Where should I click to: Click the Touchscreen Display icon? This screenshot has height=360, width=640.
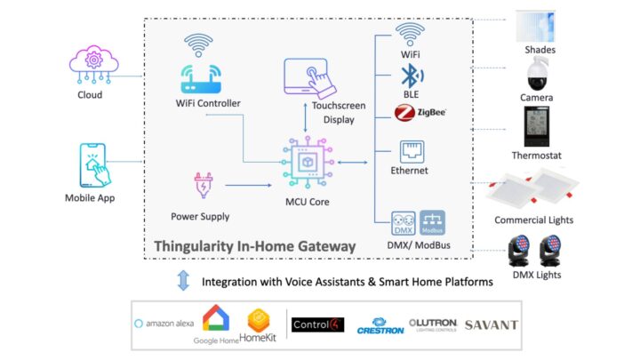[x=307, y=78]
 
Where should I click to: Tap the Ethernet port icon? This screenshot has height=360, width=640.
[x=411, y=150]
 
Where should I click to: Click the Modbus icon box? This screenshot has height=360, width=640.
[x=432, y=219]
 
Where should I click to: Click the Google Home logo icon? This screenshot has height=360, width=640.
[x=218, y=319]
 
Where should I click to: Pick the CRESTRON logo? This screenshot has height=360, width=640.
[x=380, y=325]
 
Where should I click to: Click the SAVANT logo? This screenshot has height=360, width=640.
[x=491, y=324]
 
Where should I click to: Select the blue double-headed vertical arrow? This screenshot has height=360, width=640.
[x=183, y=282]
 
